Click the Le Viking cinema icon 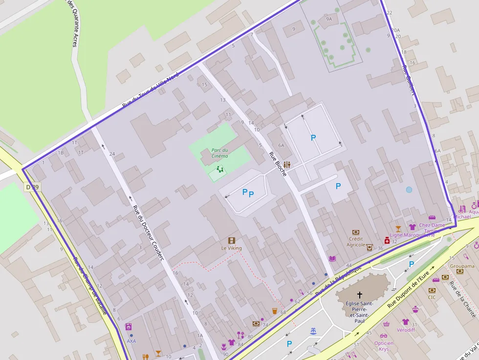[231, 240]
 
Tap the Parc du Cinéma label [219, 153]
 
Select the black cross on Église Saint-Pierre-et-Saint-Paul [360, 295]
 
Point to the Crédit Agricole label [356, 242]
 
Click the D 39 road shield [32, 187]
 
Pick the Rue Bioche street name [277, 164]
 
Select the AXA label [131, 341]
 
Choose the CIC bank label [432, 297]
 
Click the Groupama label [462, 266]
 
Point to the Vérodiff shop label [405, 330]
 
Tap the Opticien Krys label [384, 346]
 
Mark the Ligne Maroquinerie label [412, 235]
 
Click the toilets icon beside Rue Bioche [287, 165]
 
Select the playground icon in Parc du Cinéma [220, 169]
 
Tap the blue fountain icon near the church [313, 331]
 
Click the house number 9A [328, 19]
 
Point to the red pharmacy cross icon [387, 240]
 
